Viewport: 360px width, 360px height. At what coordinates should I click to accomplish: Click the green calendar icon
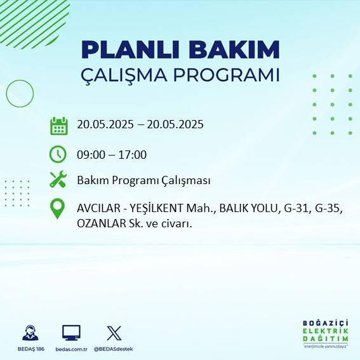pyautogui.click(x=58, y=126)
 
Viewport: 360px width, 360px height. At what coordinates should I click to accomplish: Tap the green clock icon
pyautogui.click(x=58, y=154)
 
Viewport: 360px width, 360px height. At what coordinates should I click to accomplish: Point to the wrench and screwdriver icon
pyautogui.click(x=58, y=180)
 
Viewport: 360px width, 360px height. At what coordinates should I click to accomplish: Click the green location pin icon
pyautogui.click(x=58, y=209)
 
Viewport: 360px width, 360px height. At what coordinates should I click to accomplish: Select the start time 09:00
pyautogui.click(x=90, y=154)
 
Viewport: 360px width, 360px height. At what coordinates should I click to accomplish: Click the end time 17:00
pyautogui.click(x=133, y=154)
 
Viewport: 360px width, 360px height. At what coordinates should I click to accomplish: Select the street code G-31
pyautogui.click(x=292, y=208)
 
